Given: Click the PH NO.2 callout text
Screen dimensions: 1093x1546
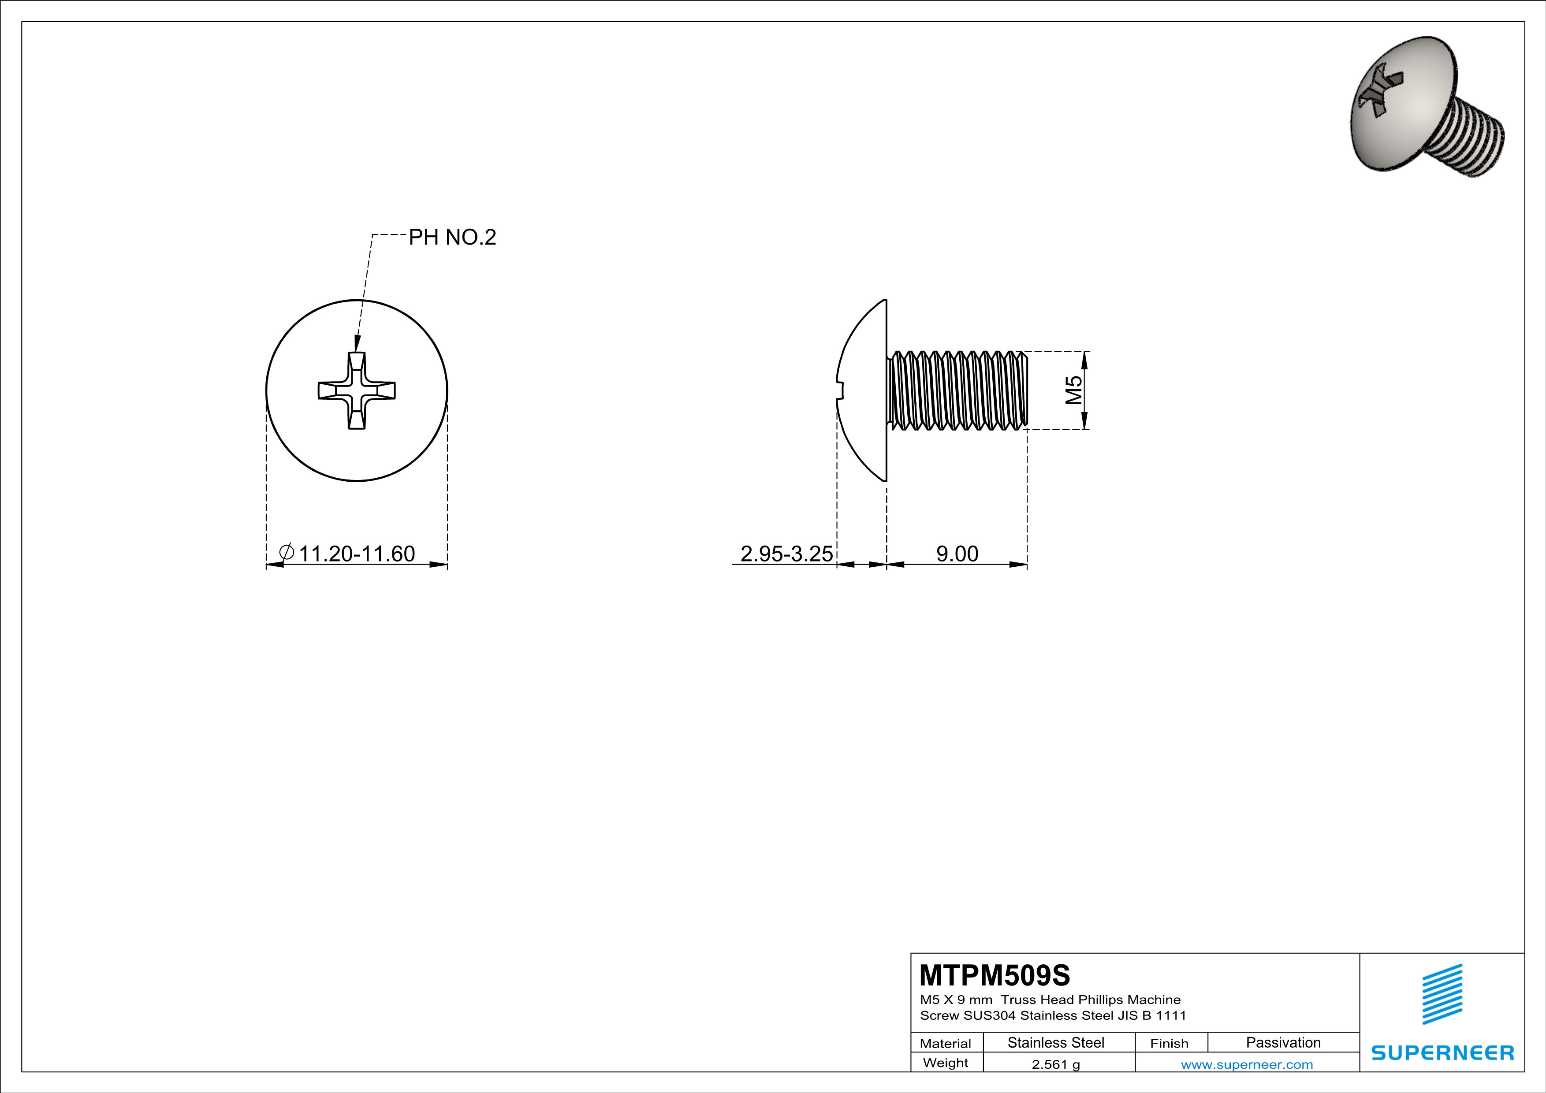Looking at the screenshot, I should (452, 237).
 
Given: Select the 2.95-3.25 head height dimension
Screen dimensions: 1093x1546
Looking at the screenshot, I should (786, 553).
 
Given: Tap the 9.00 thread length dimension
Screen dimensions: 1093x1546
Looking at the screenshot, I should (957, 553).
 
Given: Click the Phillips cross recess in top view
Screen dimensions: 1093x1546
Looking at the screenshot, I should (356, 390).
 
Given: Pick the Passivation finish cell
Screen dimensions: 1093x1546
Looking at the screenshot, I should (1283, 1042).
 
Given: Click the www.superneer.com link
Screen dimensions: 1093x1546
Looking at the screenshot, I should (1246, 1064).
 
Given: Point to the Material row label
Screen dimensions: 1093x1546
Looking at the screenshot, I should (946, 1043).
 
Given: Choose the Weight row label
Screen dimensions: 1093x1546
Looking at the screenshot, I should (946, 1063).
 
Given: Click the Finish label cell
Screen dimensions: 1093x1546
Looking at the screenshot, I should (1169, 1043).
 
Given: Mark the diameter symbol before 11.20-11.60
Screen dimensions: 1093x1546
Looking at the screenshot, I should (286, 553).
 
